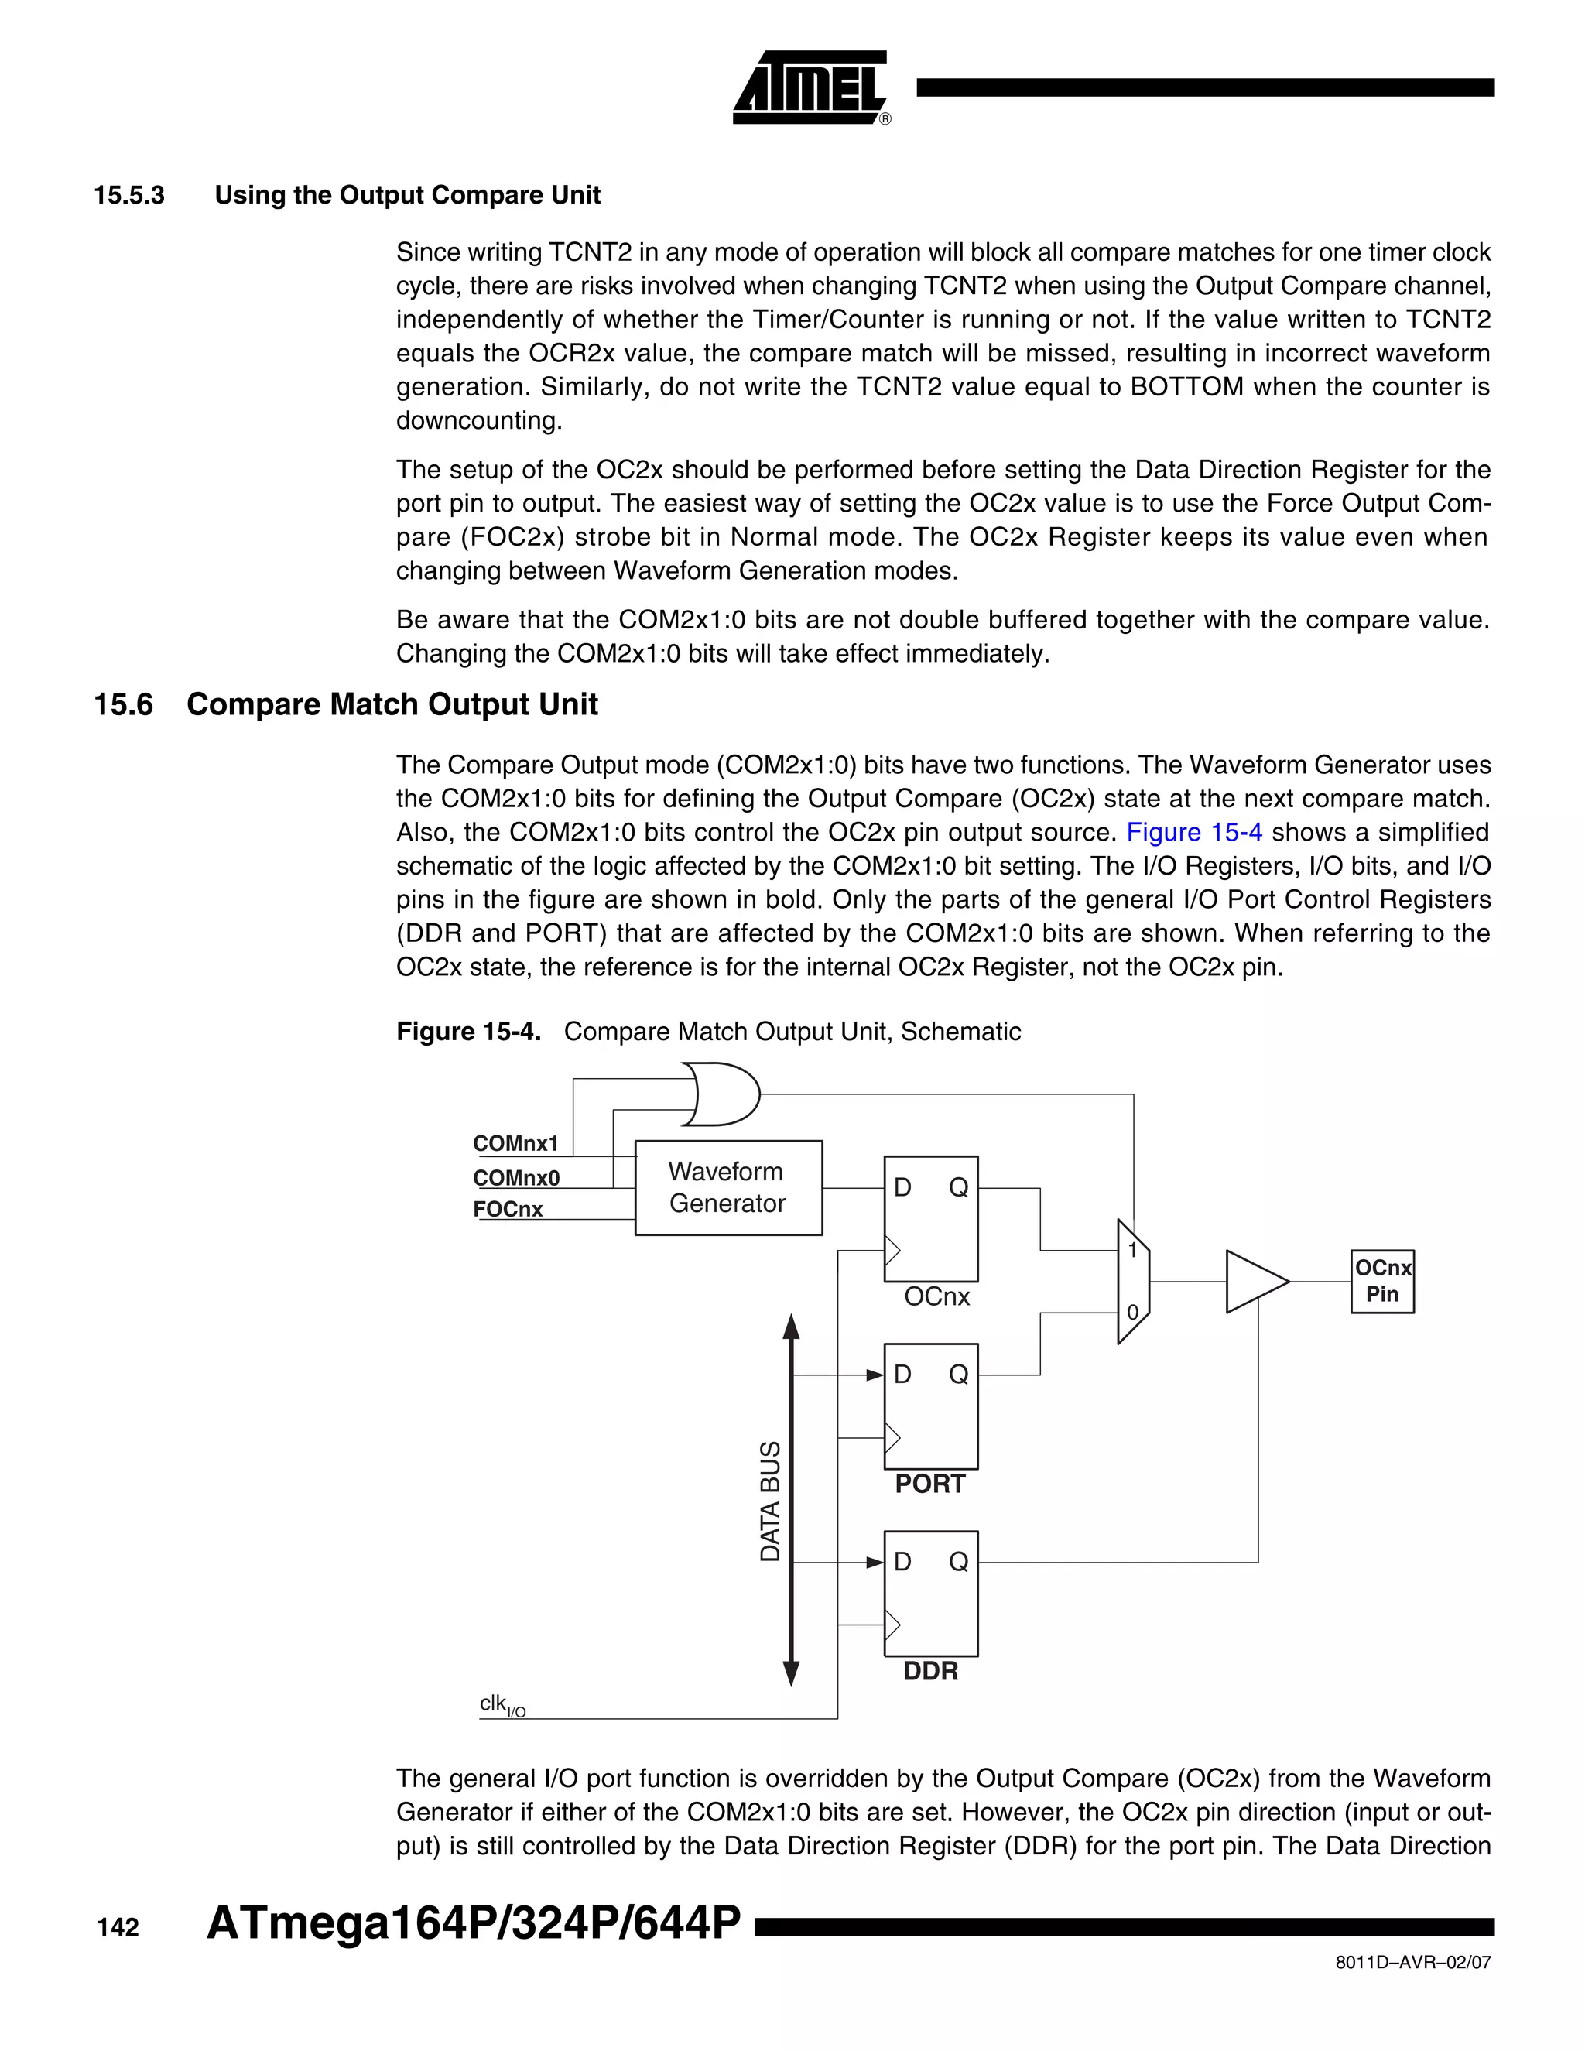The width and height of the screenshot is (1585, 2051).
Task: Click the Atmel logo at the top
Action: click(x=810, y=88)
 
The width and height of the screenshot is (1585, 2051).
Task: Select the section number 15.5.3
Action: click(x=129, y=195)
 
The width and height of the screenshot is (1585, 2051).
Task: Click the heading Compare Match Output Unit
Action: click(x=392, y=704)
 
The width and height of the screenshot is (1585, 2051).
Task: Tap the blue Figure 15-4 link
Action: click(x=1193, y=832)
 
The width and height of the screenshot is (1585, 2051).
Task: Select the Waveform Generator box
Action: click(x=727, y=1188)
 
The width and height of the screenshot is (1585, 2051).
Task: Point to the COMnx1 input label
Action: click(x=515, y=1143)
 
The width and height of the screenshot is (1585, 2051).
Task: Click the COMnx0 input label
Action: click(x=515, y=1178)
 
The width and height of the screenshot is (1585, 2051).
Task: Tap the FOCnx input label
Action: click(x=508, y=1210)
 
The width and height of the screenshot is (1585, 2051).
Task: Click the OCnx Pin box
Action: click(x=1382, y=1281)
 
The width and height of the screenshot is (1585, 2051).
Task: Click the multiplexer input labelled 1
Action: click(x=1132, y=1251)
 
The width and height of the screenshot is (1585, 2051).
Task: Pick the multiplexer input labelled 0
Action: click(x=1132, y=1312)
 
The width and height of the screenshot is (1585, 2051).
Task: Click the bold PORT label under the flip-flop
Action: click(x=929, y=1484)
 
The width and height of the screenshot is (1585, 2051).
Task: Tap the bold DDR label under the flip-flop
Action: click(x=929, y=1672)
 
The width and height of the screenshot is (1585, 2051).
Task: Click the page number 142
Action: click(x=118, y=1928)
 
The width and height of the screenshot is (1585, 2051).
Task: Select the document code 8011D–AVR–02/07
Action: click(x=1413, y=1962)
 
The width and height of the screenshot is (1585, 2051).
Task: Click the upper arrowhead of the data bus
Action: click(x=792, y=1326)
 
